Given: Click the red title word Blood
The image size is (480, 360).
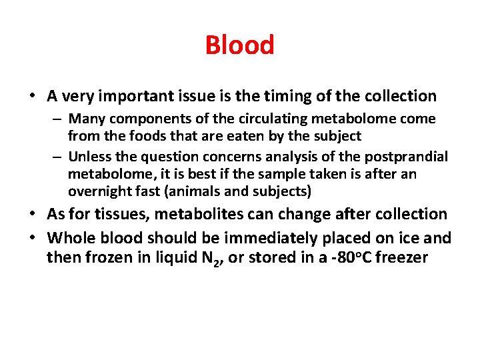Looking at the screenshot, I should [239, 45].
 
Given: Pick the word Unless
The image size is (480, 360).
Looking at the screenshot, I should [89, 157].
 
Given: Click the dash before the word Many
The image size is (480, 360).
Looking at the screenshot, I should [59, 119].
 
